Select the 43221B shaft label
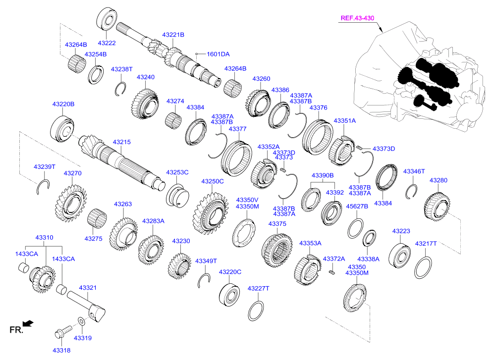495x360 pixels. click(x=173, y=35)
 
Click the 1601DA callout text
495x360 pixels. click(x=218, y=54)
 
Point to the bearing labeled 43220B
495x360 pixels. click(x=62, y=128)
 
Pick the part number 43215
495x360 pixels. click(x=121, y=142)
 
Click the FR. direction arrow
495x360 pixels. click(x=28, y=324)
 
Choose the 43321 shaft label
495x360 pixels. click(x=88, y=288)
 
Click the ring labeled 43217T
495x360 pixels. click(x=423, y=267)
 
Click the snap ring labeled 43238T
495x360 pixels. click(x=119, y=89)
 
